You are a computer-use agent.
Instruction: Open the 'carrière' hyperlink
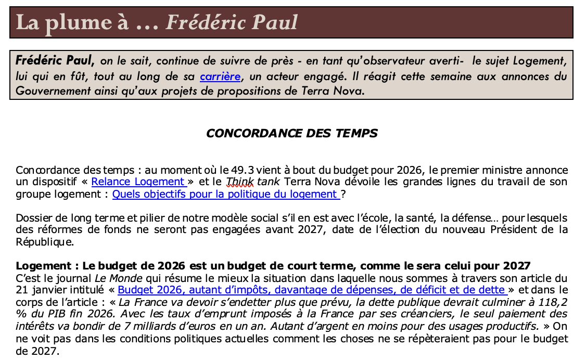[220, 76]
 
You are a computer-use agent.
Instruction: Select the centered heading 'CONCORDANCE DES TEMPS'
[291, 133]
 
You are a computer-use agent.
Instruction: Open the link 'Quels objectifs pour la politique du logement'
[226, 194]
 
